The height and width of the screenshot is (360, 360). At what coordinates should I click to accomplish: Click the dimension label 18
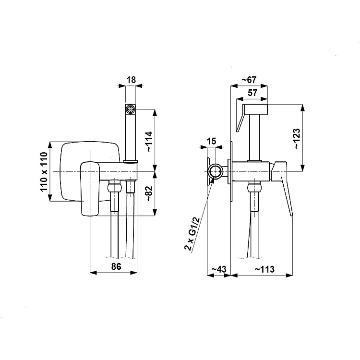(132, 80)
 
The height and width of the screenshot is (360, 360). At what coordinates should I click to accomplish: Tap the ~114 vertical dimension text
(149, 142)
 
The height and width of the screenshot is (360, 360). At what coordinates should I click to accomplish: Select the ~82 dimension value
(149, 193)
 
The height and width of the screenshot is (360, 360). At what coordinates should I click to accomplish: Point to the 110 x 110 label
(44, 171)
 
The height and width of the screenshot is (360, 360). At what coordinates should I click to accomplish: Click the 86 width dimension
(116, 266)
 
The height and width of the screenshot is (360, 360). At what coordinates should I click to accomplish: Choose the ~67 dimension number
(249, 80)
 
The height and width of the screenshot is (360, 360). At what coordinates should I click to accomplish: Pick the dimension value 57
(252, 93)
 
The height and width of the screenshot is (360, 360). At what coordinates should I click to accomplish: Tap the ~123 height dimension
(297, 138)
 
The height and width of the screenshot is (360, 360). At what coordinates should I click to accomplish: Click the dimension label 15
(212, 141)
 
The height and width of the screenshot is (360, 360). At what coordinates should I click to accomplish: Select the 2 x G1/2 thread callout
(191, 234)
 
